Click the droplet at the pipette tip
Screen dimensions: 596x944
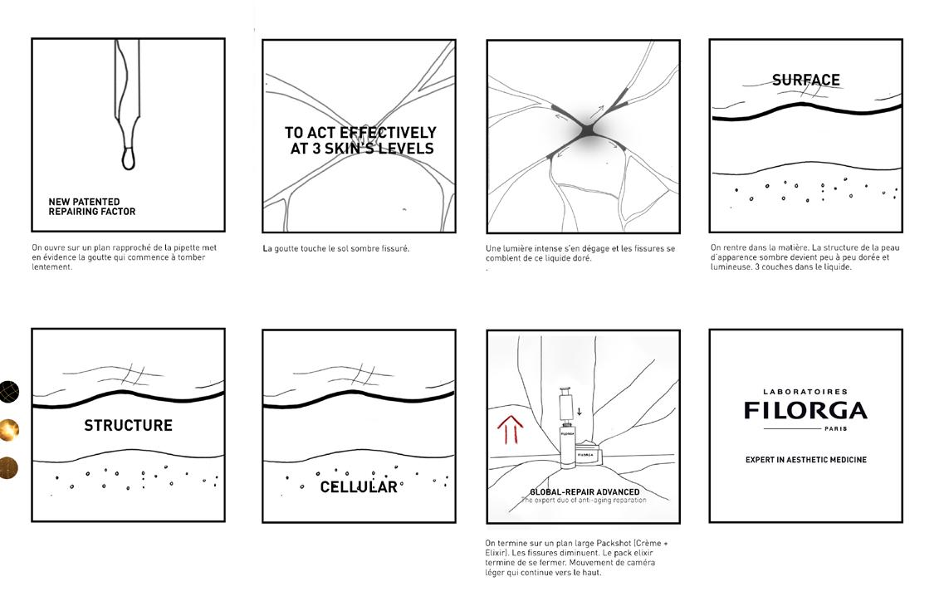coord(129,158)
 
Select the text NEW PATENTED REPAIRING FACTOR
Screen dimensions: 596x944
coord(91,207)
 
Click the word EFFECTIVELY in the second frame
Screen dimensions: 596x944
coord(388,133)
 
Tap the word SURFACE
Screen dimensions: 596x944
coord(805,81)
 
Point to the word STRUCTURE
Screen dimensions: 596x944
coord(128,426)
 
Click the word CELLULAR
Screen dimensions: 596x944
coord(359,487)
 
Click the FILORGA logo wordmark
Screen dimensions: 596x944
coord(805,410)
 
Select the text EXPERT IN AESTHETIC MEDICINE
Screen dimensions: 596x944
coord(805,460)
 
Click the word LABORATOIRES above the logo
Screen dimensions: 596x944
coord(805,392)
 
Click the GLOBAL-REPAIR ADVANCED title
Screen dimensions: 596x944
coord(584,492)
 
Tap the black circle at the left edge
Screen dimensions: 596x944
coord(8,391)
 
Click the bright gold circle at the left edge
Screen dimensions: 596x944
coord(8,429)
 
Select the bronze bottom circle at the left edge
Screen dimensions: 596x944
coord(8,467)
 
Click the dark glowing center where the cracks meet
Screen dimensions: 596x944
coord(586,133)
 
